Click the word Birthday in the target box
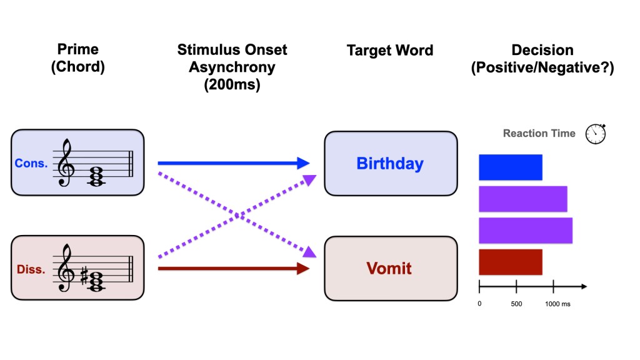(x=390, y=164)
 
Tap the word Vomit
(x=389, y=269)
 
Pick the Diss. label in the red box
(x=30, y=270)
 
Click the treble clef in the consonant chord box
(x=65, y=163)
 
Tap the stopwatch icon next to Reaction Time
(x=595, y=133)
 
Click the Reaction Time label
(x=539, y=133)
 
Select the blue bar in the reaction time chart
(x=510, y=167)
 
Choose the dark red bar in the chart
(x=510, y=262)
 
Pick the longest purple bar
(x=525, y=230)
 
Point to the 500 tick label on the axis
(x=516, y=304)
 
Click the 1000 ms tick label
(x=557, y=304)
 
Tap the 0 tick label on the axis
(x=479, y=304)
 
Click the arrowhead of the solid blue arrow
(x=304, y=164)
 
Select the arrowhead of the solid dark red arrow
(x=304, y=269)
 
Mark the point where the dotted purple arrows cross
(x=237, y=216)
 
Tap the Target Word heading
(x=390, y=51)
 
